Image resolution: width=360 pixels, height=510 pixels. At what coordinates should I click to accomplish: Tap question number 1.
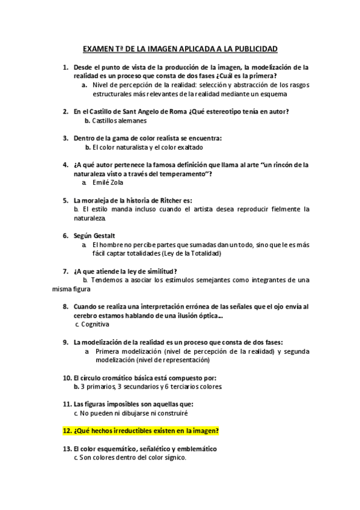point(66,68)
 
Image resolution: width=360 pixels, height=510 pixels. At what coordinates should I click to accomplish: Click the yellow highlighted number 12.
point(67,431)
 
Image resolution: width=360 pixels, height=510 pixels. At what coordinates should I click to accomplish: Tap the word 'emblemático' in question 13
point(194,449)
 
